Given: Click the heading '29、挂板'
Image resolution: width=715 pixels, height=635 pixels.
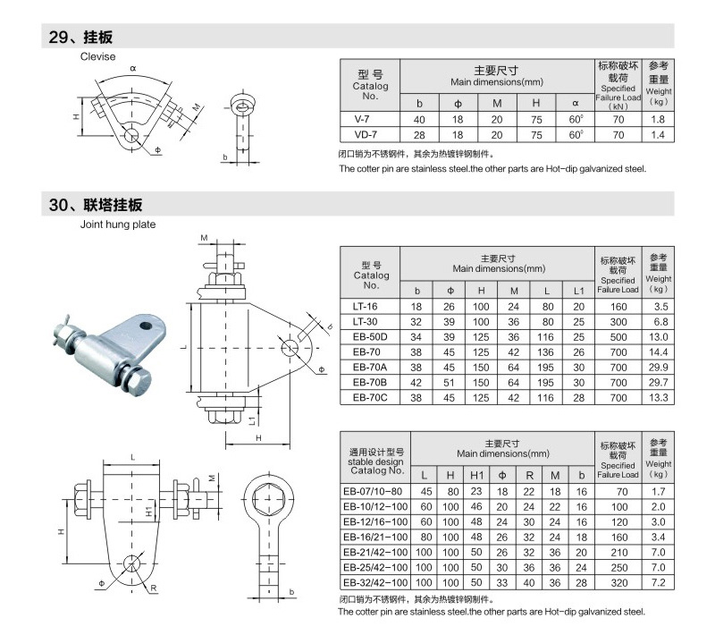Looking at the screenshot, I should pos(81,38).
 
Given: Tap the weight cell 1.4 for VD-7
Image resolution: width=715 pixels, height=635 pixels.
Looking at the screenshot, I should pos(658,134).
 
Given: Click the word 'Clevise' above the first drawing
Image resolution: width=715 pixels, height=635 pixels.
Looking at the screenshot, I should pos(98,56).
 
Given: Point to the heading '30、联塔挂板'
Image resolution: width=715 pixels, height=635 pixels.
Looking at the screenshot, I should pos(97,205).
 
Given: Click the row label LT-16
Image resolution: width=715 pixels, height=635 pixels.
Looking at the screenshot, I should pos(371,305).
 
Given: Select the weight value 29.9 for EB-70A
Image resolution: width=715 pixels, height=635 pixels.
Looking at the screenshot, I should pos(658,366).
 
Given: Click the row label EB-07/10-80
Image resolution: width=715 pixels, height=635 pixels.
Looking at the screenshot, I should pos(376,491).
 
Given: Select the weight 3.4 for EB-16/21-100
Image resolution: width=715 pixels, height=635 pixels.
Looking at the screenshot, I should pos(658,537).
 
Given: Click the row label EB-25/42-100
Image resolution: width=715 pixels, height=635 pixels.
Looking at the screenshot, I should pos(376,567).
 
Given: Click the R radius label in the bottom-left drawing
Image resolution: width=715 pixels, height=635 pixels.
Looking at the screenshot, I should pos(155,588).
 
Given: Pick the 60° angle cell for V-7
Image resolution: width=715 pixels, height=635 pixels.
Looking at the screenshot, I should pos(576,119).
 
